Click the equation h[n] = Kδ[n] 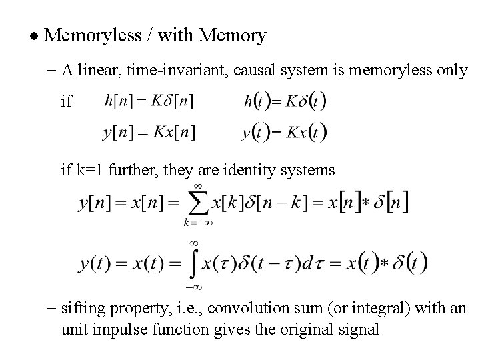click(150, 103)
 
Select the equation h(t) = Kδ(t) click(285, 103)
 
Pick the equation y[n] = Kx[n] click(149, 132)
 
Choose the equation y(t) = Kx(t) click(285, 131)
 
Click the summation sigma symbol click(198, 201)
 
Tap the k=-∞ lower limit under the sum click(197, 223)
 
